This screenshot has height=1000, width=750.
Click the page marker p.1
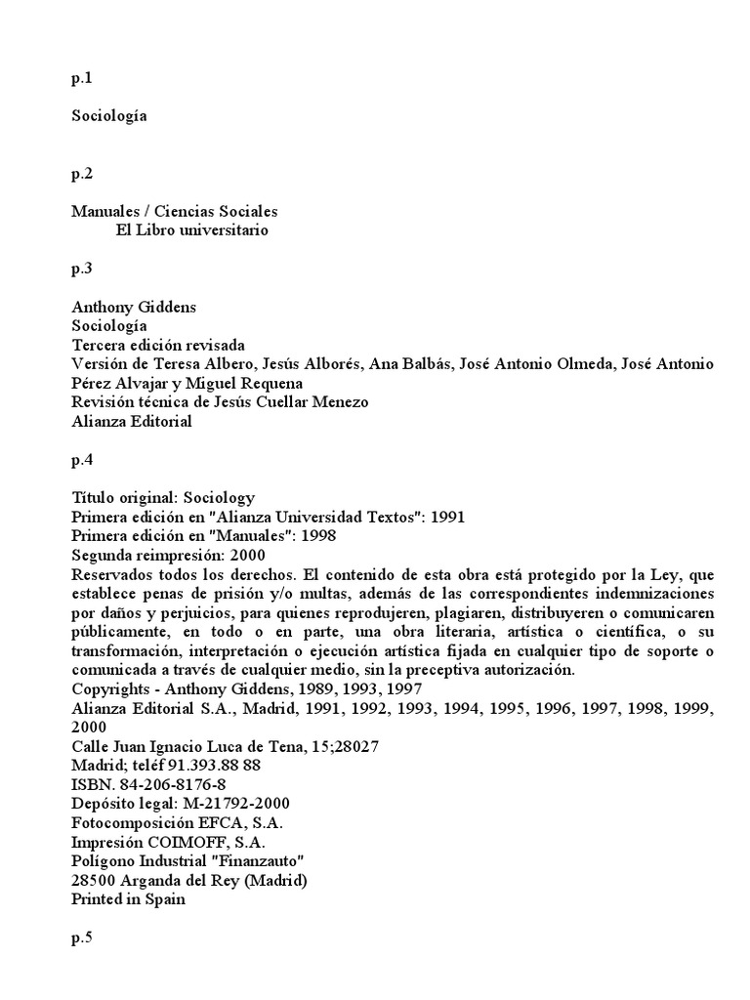[x=82, y=79]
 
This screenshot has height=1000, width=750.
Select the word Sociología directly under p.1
[x=108, y=115]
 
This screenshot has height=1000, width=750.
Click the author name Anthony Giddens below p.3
[x=134, y=307]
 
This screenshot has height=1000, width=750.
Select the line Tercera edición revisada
[x=158, y=345]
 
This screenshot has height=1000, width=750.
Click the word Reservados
[x=110, y=574]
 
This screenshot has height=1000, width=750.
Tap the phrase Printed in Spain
[x=128, y=899]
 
